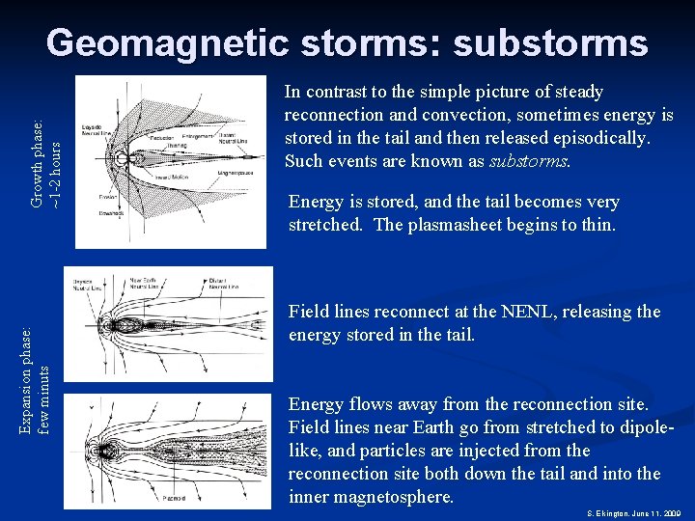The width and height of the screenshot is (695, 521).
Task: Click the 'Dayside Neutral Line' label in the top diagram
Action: [x=94, y=130]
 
